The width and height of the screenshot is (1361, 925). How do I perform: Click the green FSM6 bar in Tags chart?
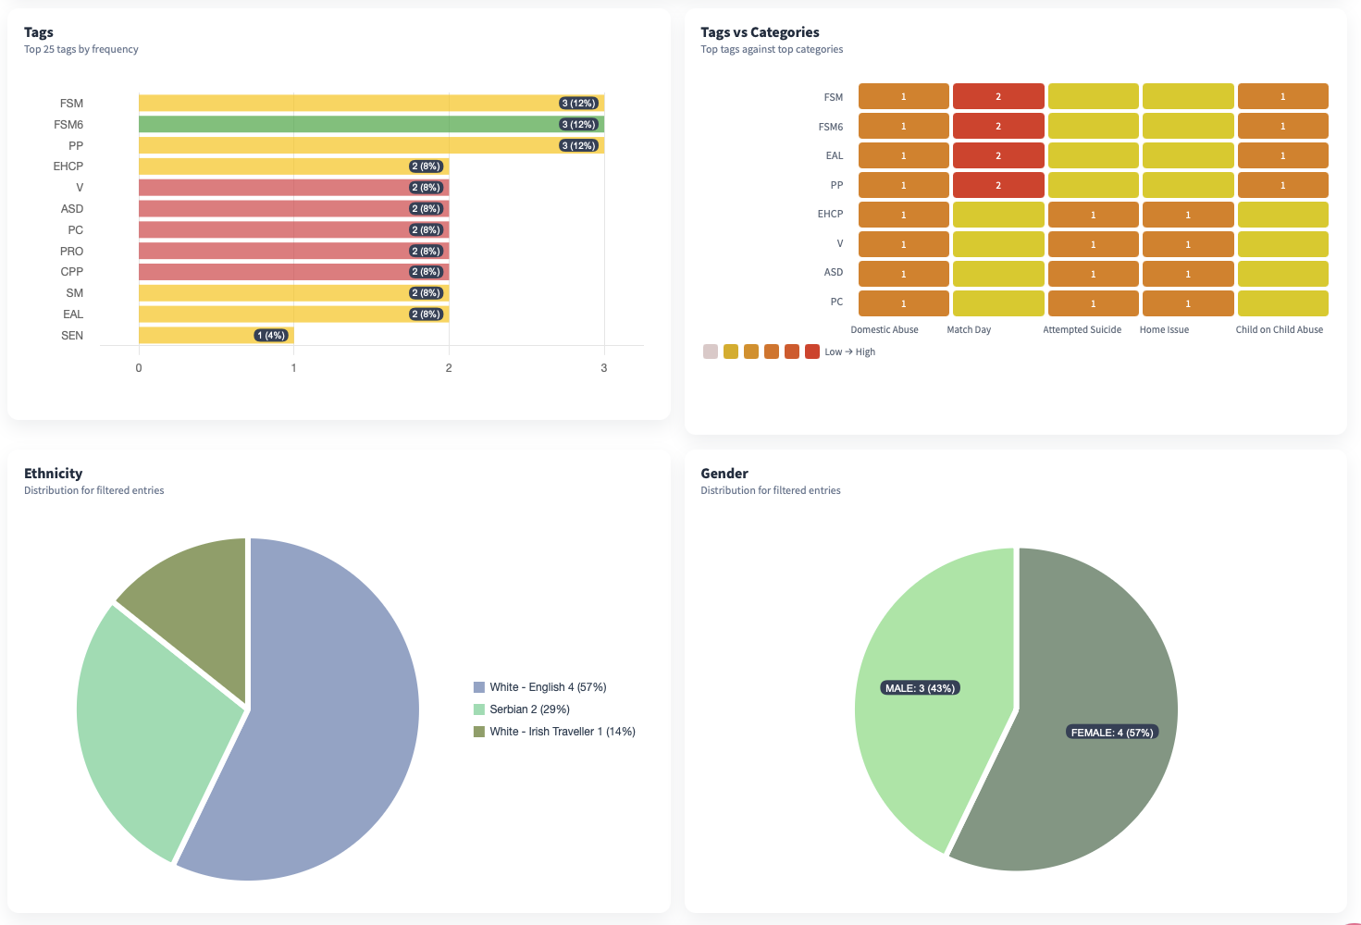[x=370, y=124]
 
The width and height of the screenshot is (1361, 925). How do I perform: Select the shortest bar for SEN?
[x=216, y=335]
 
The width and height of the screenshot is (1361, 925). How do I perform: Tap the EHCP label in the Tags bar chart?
[x=68, y=166]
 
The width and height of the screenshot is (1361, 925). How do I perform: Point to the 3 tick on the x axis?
[x=604, y=368]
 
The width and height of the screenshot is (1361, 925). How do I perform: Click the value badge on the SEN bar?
[x=271, y=336]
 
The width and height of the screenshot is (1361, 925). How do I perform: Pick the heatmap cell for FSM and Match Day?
[x=998, y=96]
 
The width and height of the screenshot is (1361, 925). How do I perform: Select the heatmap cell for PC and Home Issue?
[x=1188, y=303]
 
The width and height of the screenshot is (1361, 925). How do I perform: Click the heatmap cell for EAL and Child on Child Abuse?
[x=1282, y=155]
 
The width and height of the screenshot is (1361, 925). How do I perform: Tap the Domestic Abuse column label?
[x=885, y=330]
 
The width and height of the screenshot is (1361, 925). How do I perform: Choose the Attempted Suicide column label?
[x=1082, y=330]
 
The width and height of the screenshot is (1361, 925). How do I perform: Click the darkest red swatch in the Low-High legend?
[x=812, y=351]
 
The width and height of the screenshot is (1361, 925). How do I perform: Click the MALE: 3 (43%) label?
[x=920, y=688]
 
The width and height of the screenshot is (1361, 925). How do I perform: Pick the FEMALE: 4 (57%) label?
[x=1111, y=733]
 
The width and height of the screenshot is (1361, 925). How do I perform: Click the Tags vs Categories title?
[x=760, y=32]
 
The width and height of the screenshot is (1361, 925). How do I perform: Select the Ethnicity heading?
[x=54, y=474]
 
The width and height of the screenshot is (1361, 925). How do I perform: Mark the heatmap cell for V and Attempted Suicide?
[x=1093, y=244]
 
